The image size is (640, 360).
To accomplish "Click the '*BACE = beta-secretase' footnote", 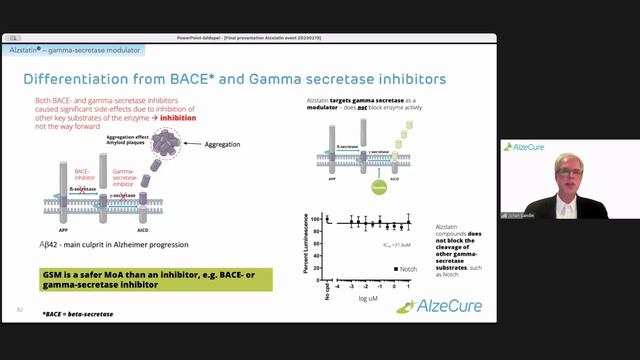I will [78, 315].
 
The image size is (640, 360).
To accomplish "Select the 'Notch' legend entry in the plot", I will [405, 269].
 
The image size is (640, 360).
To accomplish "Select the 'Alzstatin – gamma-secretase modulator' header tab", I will [85, 49].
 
